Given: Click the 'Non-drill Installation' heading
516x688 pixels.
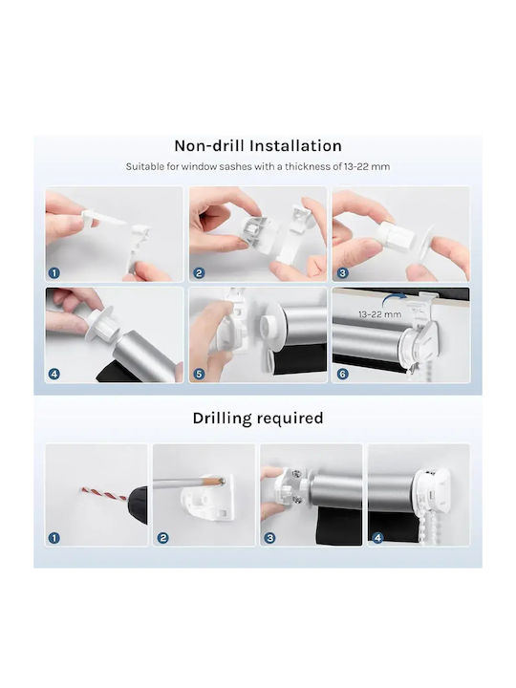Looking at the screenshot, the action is (258, 145).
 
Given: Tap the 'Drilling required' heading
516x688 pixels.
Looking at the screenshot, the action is (258, 419).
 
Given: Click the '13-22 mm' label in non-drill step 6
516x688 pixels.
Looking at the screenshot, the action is (380, 314).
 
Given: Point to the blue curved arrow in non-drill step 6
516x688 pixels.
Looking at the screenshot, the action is (394, 299).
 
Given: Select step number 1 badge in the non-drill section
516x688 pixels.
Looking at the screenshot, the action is (54, 273).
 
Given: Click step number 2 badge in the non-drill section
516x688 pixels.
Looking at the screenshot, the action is (199, 273).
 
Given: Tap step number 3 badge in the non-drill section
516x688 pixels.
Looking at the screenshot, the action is (342, 273).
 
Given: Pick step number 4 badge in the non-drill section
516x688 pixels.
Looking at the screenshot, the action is (54, 374).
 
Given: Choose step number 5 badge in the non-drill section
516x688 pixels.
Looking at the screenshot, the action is (199, 374).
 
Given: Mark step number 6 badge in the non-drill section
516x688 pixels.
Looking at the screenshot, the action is (342, 374).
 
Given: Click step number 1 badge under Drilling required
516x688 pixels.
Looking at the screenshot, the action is (54, 537).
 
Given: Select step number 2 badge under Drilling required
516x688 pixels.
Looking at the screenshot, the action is (162, 537).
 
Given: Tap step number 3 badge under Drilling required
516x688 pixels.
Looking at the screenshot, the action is (269, 537).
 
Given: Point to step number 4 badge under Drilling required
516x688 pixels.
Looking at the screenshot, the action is (377, 537).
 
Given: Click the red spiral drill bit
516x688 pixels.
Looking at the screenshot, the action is (104, 494).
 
